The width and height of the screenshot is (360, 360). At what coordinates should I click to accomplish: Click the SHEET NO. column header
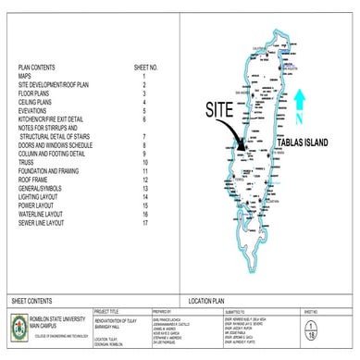click(146, 68)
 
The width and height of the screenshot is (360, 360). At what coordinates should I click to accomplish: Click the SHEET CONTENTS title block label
click(33, 302)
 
